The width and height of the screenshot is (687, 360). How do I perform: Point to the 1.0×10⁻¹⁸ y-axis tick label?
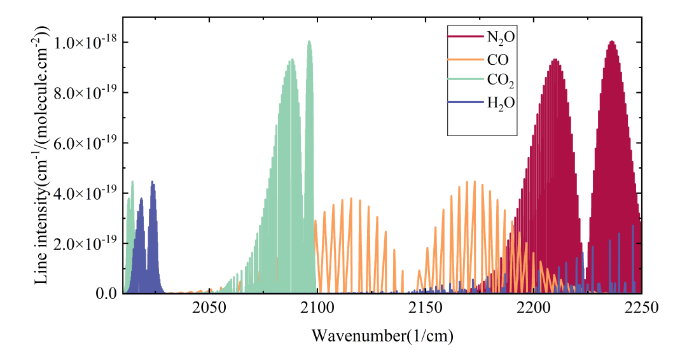pyautogui.click(x=84, y=43)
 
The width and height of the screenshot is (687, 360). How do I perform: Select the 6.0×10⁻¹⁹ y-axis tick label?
pyautogui.click(x=84, y=143)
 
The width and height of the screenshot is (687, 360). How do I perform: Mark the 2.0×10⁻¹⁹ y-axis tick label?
pyautogui.click(x=84, y=244)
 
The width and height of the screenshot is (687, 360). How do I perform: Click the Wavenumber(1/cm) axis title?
pyautogui.click(x=382, y=334)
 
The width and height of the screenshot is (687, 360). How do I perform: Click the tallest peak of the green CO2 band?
pyautogui.click(x=309, y=42)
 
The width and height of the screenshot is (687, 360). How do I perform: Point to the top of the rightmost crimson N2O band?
pyautogui.click(x=611, y=42)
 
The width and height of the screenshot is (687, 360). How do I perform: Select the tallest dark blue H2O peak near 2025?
pyautogui.click(x=153, y=183)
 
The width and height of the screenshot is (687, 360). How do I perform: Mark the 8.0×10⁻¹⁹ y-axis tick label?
pyautogui.click(x=84, y=93)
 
